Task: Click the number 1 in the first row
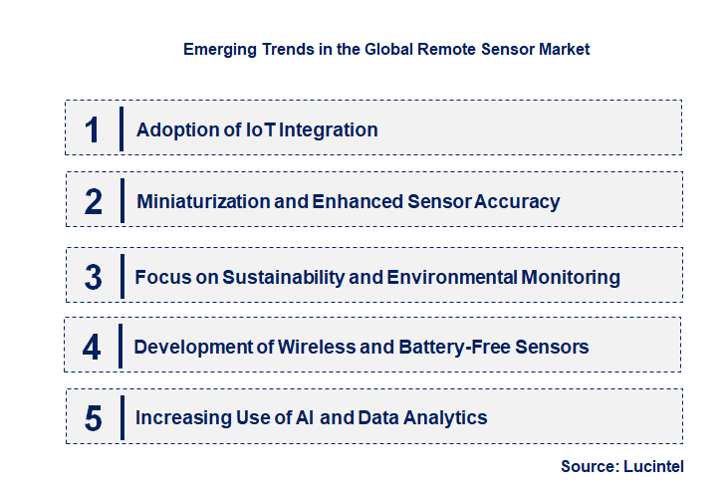click(x=92, y=129)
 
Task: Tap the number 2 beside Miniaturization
click(x=93, y=202)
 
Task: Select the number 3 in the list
click(x=93, y=277)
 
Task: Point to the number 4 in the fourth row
click(x=93, y=347)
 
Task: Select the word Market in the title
click(x=565, y=49)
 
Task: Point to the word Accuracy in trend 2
click(x=517, y=202)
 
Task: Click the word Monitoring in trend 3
click(x=571, y=277)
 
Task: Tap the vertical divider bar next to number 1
click(x=121, y=128)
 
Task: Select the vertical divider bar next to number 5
click(x=121, y=417)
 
